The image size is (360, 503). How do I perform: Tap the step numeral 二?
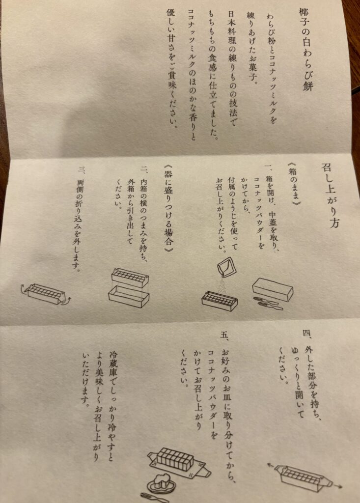click(143, 169)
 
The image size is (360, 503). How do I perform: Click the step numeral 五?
click(224, 335)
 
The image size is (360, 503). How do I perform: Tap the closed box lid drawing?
click(273, 289)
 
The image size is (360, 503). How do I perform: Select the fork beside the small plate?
click(155, 498)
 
